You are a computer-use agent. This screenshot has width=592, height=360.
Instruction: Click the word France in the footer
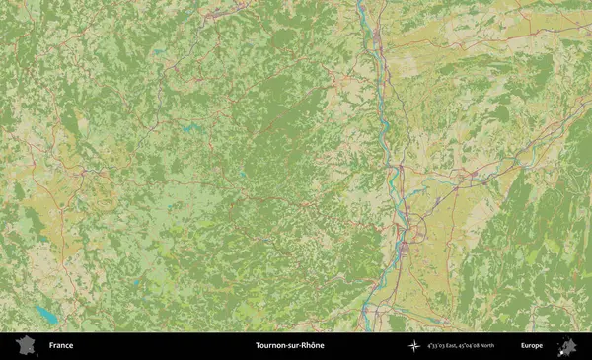tap(61, 346)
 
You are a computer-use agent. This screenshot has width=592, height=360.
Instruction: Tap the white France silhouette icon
tap(27, 345)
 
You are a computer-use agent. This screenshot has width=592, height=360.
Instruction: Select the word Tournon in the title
tap(272, 346)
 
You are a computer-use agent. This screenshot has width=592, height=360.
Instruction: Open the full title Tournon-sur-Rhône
tap(289, 346)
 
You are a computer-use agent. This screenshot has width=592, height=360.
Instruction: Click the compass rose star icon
tap(414, 346)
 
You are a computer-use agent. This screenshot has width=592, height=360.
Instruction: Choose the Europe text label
tap(532, 346)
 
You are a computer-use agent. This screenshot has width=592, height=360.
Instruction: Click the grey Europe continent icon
tap(567, 346)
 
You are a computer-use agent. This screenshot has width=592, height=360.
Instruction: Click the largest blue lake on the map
tap(45, 316)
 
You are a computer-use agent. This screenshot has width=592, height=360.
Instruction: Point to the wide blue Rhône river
tap(394, 178)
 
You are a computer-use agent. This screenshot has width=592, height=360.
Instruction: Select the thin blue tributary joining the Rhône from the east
tap(444, 182)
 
